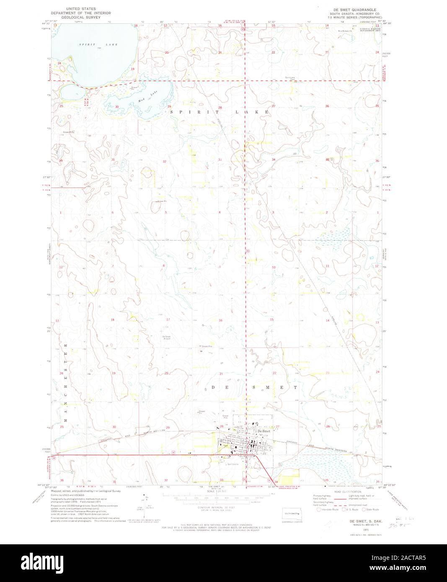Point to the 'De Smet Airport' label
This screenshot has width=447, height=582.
(x=166, y=338)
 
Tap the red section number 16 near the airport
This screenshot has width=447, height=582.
(x=220, y=320)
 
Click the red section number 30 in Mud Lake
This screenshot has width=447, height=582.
(x=117, y=107)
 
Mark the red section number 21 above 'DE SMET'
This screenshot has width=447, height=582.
(x=221, y=373)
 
